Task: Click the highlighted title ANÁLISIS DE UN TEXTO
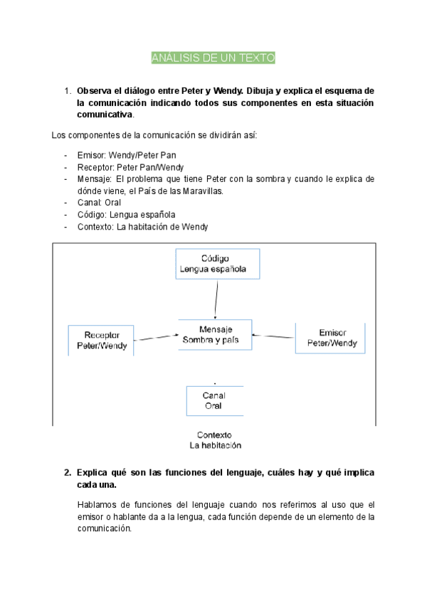pos(213,58)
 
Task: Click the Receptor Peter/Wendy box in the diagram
pos(101,341)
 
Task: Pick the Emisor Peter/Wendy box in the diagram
pos(331,338)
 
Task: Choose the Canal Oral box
pos(214,400)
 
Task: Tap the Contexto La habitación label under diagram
pos(215,440)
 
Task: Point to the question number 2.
pos(67,472)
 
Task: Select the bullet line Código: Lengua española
pos(126,215)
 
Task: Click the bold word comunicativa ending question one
pos(105,114)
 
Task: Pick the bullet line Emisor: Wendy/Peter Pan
pos(126,154)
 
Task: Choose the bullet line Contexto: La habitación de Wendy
pos(142,227)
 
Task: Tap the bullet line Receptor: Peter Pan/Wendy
pos(130,166)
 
